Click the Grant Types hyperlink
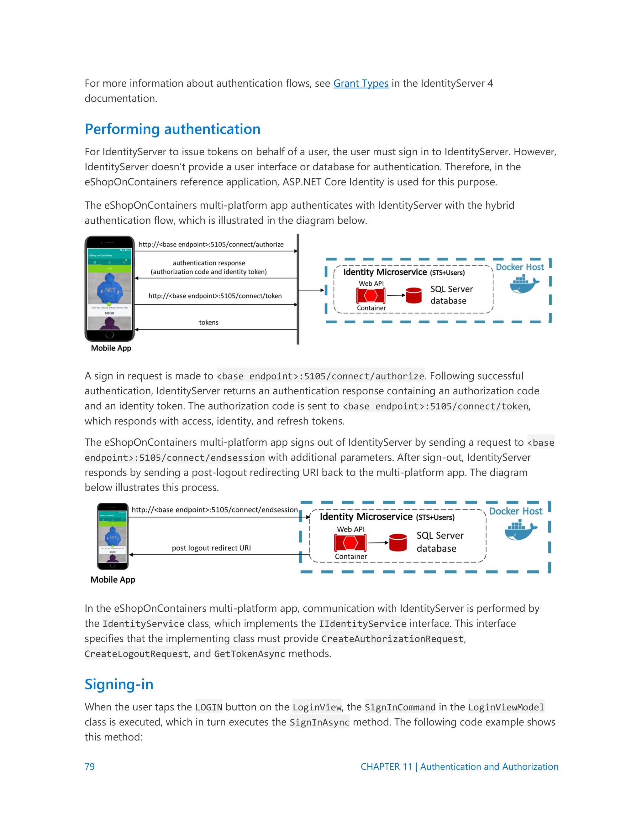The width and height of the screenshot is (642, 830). pyautogui.click(x=360, y=83)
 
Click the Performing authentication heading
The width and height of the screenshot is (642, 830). pyautogui.click(x=172, y=129)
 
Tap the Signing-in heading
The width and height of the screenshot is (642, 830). pyautogui.click(x=119, y=684)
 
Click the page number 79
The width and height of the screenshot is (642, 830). pyautogui.click(x=89, y=766)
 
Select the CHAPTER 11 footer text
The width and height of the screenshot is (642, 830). pyautogui.click(x=459, y=766)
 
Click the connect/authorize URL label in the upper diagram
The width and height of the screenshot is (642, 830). pyautogui.click(x=211, y=244)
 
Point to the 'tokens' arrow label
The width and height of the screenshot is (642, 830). pyautogui.click(x=208, y=322)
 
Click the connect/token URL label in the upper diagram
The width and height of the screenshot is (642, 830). pyautogui.click(x=215, y=296)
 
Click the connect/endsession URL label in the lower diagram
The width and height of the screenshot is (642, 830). pyautogui.click(x=214, y=510)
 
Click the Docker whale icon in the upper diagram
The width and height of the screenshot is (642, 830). pyautogui.click(x=524, y=284)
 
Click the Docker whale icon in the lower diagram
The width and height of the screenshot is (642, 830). pyautogui.click(x=520, y=531)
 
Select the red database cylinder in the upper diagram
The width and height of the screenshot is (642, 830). pyautogui.click(x=413, y=295)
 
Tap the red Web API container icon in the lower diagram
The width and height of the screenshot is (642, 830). pyautogui.click(x=350, y=542)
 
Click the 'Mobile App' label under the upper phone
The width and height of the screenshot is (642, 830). pyautogui.click(x=111, y=348)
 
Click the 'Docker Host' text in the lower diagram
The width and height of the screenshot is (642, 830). pyautogui.click(x=515, y=511)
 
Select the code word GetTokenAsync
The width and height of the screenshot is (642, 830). pyautogui.click(x=250, y=654)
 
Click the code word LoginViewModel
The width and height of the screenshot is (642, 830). pyautogui.click(x=506, y=707)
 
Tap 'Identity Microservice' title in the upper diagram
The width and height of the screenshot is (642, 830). pyautogui.click(x=385, y=272)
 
